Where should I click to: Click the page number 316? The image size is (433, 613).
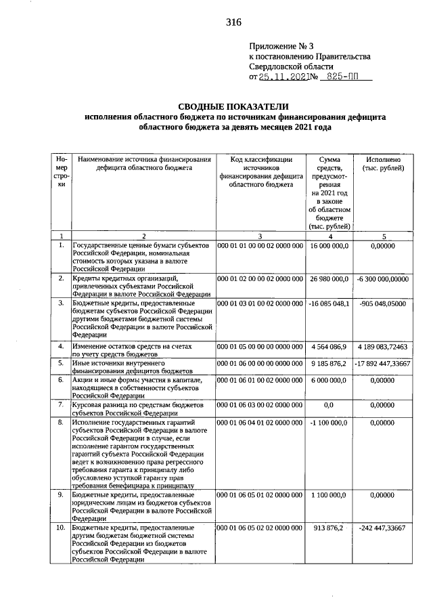[234, 22]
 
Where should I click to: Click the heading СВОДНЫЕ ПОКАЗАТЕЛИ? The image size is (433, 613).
[233, 106]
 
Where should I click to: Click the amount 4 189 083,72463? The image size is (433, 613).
[384, 346]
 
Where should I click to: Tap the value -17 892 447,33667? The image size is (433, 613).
[384, 364]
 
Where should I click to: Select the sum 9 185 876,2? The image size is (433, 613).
[329, 364]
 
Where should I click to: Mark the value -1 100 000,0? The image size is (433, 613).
[329, 423]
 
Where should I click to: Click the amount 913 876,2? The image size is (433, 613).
[329, 527]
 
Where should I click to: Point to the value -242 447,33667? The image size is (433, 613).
[384, 527]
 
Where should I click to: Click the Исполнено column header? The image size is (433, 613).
[384, 158]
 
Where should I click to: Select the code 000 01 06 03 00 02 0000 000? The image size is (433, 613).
[260, 405]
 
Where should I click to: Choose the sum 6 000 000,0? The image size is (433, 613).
[329, 381]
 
